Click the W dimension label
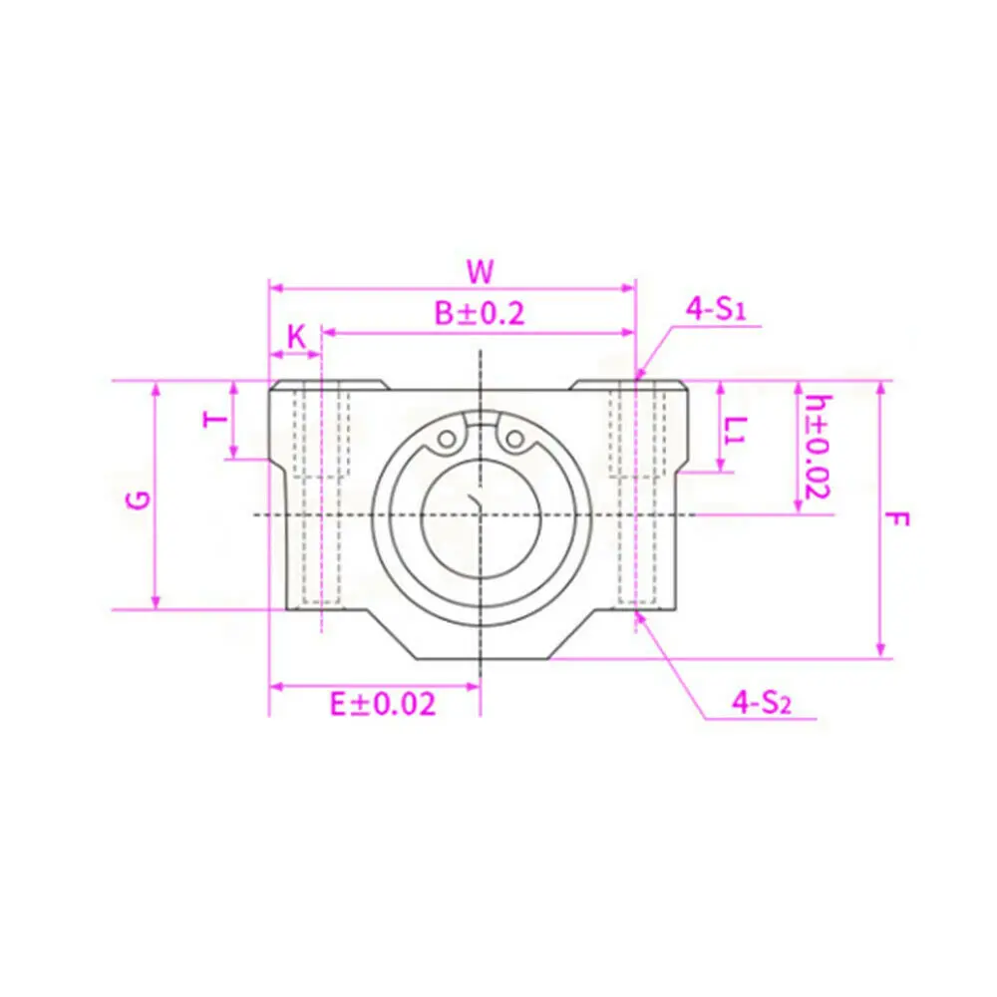(481, 271)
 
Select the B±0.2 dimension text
(480, 313)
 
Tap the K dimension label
(296, 337)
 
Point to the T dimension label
(215, 419)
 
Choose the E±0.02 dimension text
(383, 705)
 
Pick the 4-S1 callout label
(715, 309)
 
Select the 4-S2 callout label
(762, 703)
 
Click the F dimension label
(897, 519)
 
